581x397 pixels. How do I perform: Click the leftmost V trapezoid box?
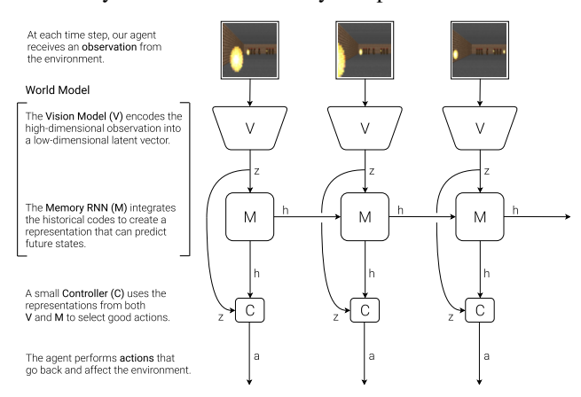click(x=251, y=127)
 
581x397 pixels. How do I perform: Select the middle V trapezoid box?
click(x=365, y=127)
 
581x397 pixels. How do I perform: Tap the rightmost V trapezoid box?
click(x=480, y=127)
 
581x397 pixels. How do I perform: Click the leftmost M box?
click(x=251, y=215)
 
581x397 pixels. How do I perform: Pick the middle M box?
click(x=365, y=215)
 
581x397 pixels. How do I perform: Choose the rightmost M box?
click(x=480, y=215)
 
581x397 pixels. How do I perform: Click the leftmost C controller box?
click(x=251, y=311)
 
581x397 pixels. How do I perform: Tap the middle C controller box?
click(x=365, y=311)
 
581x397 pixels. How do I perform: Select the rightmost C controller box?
click(x=480, y=311)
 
